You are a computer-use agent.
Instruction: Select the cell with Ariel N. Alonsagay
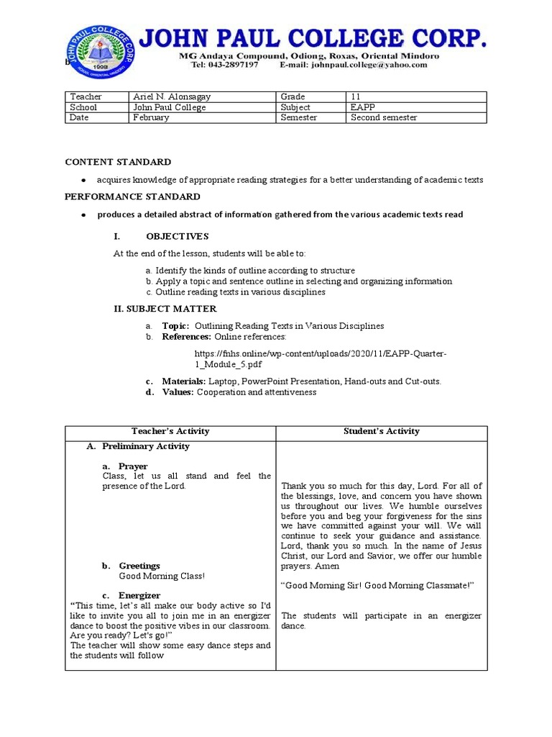[172, 96]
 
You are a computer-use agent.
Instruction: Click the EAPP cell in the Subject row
[362, 107]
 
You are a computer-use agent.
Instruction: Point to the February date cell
[152, 118]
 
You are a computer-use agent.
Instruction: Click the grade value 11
[356, 96]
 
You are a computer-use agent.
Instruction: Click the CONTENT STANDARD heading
[118, 162]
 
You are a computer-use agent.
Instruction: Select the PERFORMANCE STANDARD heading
[133, 196]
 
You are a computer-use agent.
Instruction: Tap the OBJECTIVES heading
[177, 236]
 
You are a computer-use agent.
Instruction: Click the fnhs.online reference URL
[321, 359]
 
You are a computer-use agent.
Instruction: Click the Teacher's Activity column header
[170, 431]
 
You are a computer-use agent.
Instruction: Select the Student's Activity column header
[382, 431]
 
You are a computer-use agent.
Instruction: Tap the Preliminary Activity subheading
[145, 446]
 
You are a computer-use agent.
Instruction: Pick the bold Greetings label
[139, 566]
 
